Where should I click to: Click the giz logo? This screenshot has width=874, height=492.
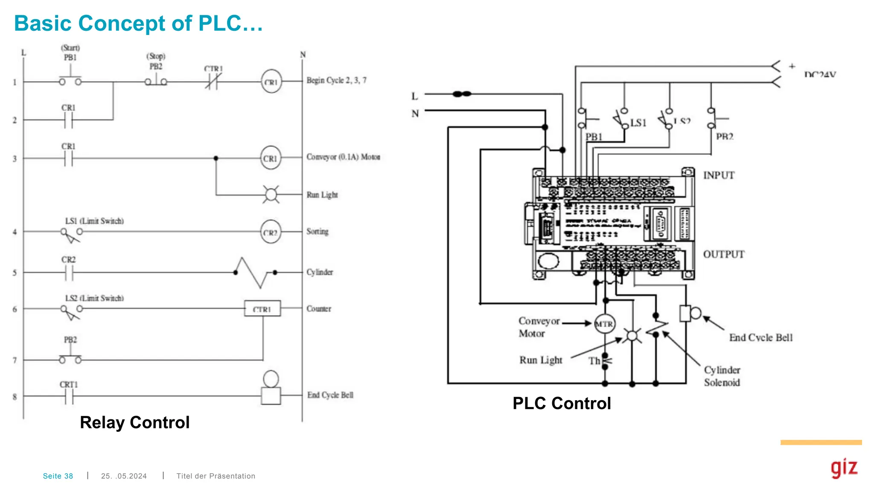844,468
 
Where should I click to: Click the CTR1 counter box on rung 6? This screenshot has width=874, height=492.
262,308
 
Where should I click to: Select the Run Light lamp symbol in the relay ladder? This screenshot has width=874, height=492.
271,195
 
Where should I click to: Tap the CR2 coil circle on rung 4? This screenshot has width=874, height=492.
271,232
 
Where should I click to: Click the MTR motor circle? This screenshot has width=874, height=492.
604,324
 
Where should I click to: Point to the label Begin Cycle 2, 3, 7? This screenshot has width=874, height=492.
336,80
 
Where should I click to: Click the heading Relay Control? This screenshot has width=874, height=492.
134,422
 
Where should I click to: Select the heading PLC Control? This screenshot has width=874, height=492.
561,403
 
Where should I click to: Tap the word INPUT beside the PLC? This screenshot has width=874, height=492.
719,176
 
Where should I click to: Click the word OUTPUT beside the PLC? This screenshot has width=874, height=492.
724,255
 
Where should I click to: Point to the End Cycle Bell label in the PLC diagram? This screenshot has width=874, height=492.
760,338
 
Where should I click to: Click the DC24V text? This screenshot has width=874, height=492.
819,75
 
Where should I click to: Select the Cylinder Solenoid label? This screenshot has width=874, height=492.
722,376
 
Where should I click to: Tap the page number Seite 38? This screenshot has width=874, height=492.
58,476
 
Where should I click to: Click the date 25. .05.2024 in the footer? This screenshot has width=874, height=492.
124,476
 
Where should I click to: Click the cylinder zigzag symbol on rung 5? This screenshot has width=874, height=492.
255,272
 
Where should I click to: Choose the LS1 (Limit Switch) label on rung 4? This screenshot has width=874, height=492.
94,221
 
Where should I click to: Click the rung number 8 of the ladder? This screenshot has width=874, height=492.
15,397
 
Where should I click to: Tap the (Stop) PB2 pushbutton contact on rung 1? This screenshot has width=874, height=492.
156,81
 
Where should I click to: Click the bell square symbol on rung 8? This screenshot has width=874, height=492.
271,396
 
